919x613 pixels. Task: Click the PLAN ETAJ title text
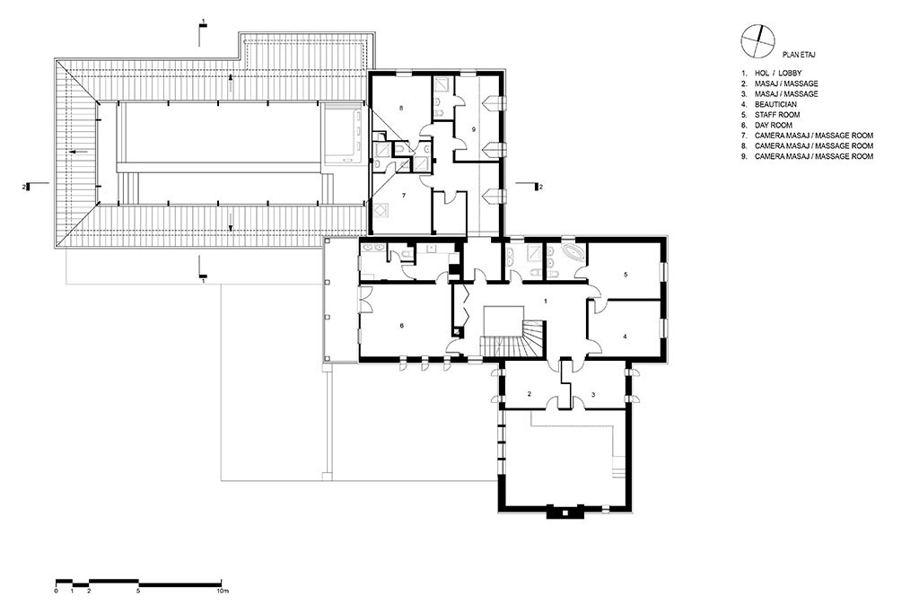tap(799, 55)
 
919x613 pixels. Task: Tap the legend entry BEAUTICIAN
tap(768, 104)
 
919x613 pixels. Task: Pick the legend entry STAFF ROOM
tap(770, 115)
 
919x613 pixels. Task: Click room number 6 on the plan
tap(402, 326)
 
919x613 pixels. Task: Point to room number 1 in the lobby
tap(546, 302)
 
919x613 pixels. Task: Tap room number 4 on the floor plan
tap(625, 337)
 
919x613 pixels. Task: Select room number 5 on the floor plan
tap(626, 275)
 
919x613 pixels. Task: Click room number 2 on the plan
tap(530, 394)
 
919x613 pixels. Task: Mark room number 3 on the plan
tap(593, 395)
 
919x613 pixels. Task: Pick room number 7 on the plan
tap(404, 196)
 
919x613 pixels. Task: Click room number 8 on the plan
tap(401, 108)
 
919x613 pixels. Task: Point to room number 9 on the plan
tap(473, 128)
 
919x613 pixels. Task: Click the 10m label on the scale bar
tap(222, 591)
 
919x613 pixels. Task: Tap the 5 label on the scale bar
tap(139, 591)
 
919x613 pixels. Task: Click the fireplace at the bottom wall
tap(565, 512)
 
